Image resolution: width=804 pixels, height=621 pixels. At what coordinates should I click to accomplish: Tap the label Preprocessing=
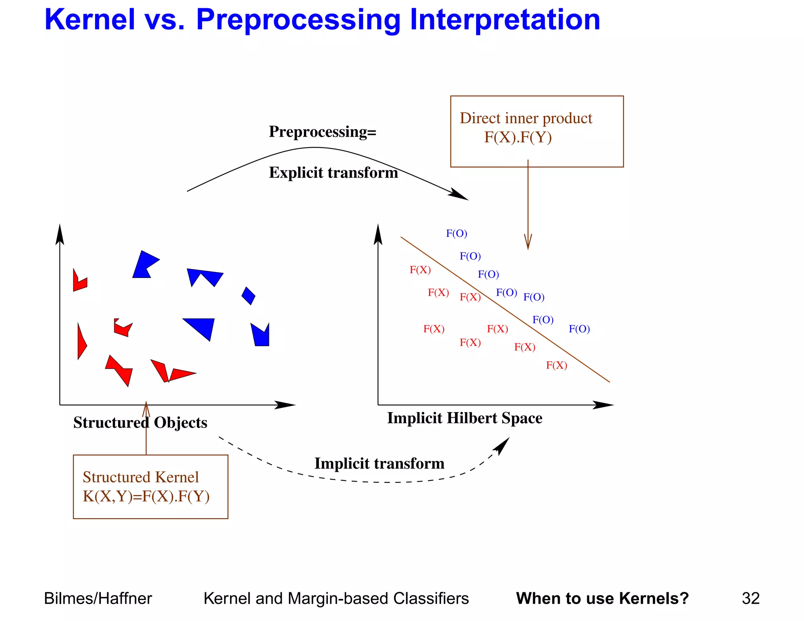[x=322, y=132]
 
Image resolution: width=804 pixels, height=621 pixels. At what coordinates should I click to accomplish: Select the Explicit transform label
[x=333, y=173]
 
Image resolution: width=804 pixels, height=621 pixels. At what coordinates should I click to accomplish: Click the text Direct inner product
[x=526, y=118]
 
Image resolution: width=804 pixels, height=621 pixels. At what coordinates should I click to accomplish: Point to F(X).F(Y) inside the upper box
[x=518, y=137]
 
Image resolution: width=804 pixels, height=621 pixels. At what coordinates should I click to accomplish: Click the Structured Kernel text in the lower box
[x=141, y=477]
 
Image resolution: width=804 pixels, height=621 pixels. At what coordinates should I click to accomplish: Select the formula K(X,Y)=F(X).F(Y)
[x=146, y=497]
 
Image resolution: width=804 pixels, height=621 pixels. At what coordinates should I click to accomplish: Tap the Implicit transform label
[x=379, y=464]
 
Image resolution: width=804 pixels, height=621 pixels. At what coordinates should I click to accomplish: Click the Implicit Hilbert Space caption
[x=464, y=418]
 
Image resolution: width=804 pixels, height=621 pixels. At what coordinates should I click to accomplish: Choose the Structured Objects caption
[x=140, y=423]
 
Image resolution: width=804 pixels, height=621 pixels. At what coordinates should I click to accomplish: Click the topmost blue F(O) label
[x=456, y=234]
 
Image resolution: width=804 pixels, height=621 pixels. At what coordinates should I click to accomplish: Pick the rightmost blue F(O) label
[x=579, y=329]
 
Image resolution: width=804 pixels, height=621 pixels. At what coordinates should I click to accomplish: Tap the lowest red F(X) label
[x=556, y=365]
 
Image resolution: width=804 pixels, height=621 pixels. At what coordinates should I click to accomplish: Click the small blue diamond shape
[x=248, y=296]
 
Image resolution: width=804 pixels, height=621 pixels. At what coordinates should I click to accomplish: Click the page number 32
[x=750, y=599]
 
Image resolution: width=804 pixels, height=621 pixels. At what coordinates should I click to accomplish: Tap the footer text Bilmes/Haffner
[x=98, y=599]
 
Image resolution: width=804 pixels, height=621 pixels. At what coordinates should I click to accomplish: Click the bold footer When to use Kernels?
[x=602, y=599]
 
